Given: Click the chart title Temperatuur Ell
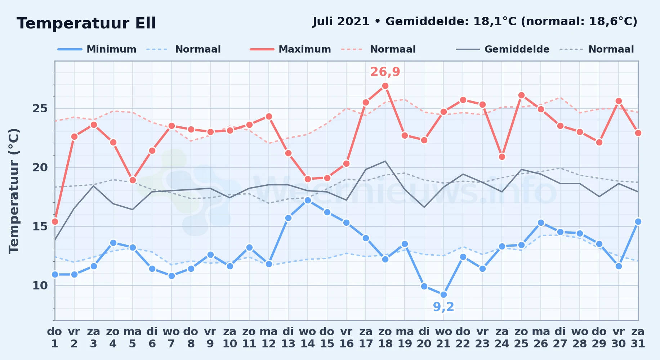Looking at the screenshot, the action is [86, 23].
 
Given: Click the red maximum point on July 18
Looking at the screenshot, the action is [385, 86].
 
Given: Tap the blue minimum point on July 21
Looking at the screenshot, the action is [443, 294].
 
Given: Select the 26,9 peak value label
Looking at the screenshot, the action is [385, 72].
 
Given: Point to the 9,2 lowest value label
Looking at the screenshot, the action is [443, 307].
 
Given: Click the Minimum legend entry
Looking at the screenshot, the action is [97, 49].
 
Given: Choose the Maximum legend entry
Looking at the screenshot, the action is [290, 49].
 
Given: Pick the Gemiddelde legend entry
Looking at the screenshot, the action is [503, 49].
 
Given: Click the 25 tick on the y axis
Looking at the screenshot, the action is [40, 108].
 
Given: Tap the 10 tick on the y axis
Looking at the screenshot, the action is [40, 285].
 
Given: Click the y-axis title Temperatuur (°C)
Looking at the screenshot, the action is [14, 191].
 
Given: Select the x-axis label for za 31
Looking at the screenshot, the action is [638, 337].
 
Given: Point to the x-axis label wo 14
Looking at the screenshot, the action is [307, 337].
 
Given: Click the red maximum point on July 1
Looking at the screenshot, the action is [55, 221].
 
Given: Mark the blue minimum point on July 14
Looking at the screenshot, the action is [308, 200].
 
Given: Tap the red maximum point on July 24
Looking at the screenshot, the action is [502, 157].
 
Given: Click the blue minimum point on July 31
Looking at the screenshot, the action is [638, 221].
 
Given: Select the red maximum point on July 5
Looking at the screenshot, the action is [133, 180].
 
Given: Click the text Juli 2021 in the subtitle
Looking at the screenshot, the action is [341, 22].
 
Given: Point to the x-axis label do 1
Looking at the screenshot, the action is [54, 337].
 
